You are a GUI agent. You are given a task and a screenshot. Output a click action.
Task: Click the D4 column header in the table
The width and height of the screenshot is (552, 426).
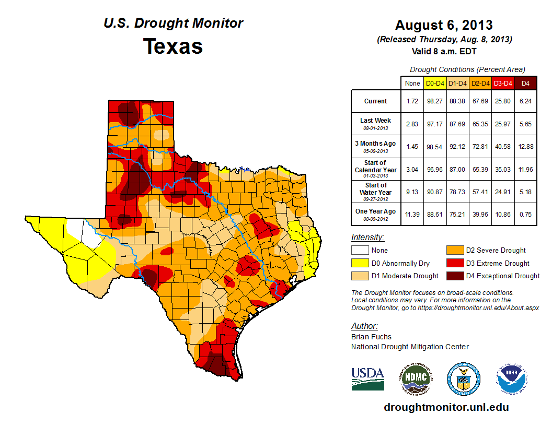click(x=525, y=83)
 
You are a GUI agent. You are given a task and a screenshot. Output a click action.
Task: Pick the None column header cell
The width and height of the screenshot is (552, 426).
click(x=412, y=83)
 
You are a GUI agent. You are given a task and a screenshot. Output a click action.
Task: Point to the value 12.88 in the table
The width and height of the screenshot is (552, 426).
click(x=525, y=147)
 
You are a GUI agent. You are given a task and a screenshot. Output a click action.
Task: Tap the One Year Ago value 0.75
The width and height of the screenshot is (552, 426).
click(x=525, y=215)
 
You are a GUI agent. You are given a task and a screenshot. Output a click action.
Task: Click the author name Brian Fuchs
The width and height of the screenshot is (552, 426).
click(x=371, y=337)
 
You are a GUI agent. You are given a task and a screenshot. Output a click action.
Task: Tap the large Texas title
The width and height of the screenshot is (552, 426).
click(x=173, y=46)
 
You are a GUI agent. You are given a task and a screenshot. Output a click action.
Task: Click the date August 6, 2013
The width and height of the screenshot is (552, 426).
click(x=444, y=25)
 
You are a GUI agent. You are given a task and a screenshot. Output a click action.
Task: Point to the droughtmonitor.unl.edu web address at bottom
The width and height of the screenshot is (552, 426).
click(x=446, y=407)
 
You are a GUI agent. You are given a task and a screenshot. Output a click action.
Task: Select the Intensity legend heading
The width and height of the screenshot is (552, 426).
click(x=367, y=237)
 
